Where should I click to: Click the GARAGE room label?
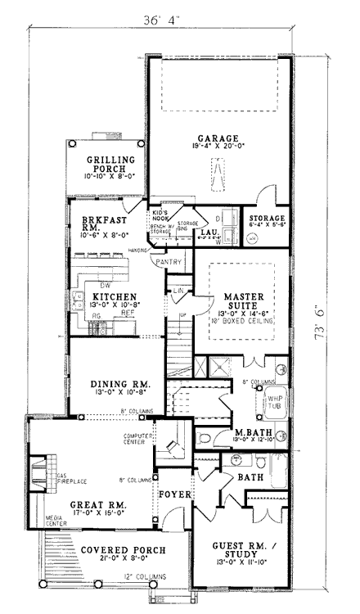[x=218, y=138]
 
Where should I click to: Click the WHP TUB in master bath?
[x=273, y=401]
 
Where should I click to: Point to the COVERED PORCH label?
[x=123, y=549]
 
